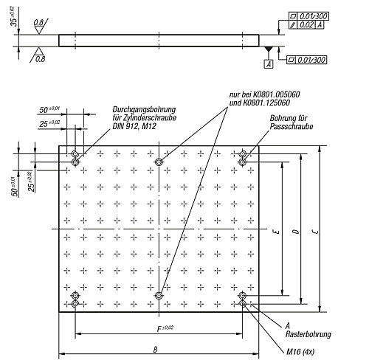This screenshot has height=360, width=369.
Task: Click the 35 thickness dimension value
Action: pos(14,21)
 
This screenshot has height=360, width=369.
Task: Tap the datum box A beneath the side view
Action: pos(269,64)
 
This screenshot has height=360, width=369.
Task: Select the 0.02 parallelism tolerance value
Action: pos(307,24)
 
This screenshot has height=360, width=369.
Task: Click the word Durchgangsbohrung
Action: pos(144,110)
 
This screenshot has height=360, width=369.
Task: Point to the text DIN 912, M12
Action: pos(134,126)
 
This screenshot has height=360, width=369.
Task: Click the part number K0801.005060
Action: pos(276,94)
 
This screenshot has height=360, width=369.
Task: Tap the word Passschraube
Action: pos(292,126)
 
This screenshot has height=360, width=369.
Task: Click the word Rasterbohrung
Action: pos(308,334)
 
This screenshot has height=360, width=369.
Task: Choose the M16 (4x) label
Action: pos(300,352)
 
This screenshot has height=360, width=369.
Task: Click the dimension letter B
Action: pos(155,350)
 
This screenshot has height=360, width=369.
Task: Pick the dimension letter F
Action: pos(159,329)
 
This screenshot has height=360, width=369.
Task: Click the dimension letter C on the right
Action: pos(316,232)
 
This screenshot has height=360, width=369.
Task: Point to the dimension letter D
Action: pos(297,232)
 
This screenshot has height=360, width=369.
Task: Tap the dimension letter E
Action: pos(277,232)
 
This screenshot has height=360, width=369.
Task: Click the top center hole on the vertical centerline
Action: pos(159,162)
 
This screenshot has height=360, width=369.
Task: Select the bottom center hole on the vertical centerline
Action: pos(159,295)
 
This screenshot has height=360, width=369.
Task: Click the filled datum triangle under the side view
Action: pos(269,49)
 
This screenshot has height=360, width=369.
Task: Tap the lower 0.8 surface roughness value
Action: pos(40,59)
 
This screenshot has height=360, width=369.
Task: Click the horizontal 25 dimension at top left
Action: pos(44,124)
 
